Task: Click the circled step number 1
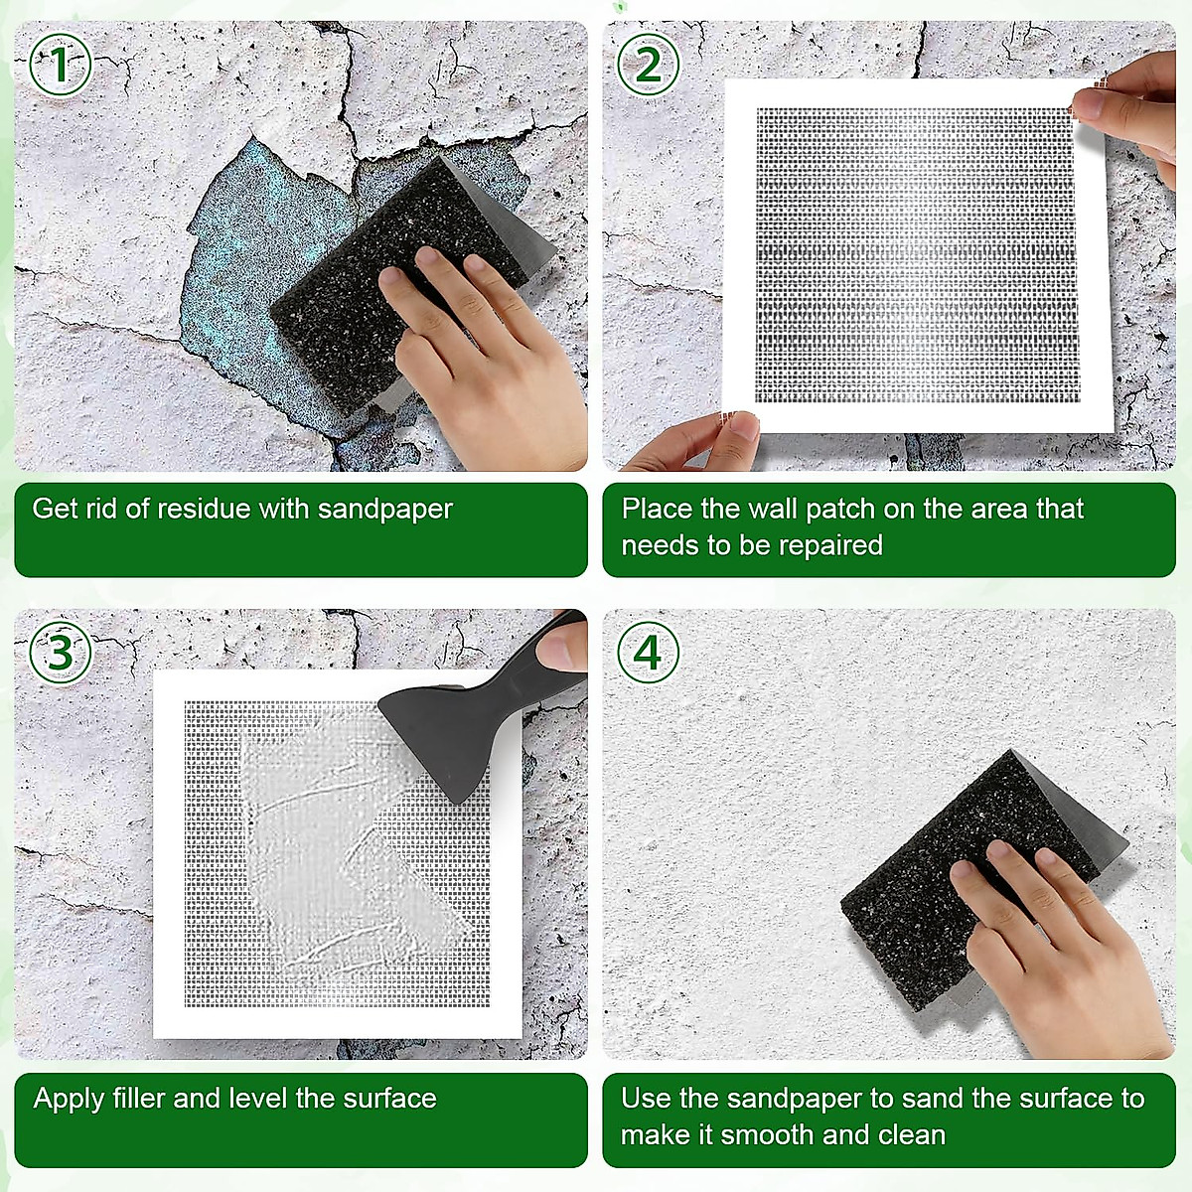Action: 60,66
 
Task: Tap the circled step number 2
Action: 648,66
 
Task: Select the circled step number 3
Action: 60,653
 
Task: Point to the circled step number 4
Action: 648,653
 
